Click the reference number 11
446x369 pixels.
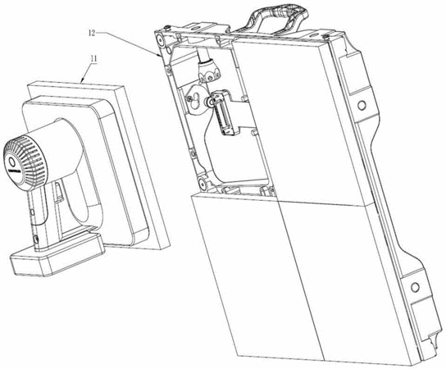click(93, 59)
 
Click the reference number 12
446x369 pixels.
click(92, 33)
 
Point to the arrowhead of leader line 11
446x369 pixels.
click(82, 81)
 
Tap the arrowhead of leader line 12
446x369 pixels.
click(159, 56)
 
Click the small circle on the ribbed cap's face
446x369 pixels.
click(12, 162)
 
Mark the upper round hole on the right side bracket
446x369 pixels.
click(362, 106)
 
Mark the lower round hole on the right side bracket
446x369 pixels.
click(415, 287)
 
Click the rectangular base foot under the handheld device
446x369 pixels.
click(57, 253)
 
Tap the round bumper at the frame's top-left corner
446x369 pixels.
click(160, 40)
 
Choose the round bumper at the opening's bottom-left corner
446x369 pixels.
click(203, 182)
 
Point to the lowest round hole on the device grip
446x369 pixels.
click(36, 239)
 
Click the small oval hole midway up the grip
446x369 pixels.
click(32, 212)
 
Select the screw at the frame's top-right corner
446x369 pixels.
click(327, 36)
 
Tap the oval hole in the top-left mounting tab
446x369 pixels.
click(194, 28)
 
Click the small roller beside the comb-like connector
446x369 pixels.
click(210, 102)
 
